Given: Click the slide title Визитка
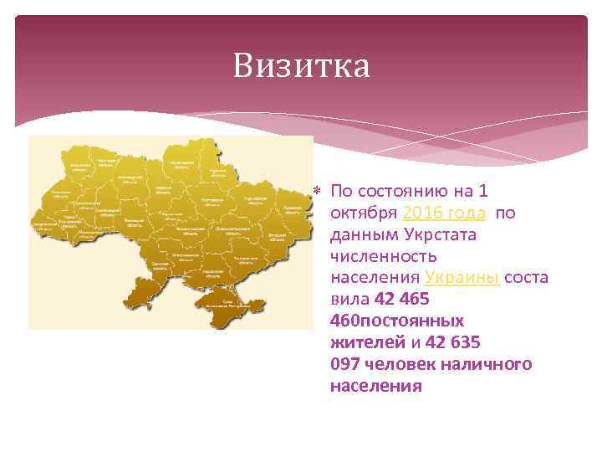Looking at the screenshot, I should coord(301,66).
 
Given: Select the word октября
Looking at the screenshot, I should coord(363,213).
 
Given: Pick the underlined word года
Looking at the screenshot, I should coord(467,213).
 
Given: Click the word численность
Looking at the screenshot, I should coord(383,256).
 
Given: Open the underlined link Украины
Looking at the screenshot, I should coord(462,278).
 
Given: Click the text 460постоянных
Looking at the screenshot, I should coord(397,321).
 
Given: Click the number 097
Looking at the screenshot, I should coord(346,365).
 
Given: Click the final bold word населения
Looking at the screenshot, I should coord(375,387).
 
